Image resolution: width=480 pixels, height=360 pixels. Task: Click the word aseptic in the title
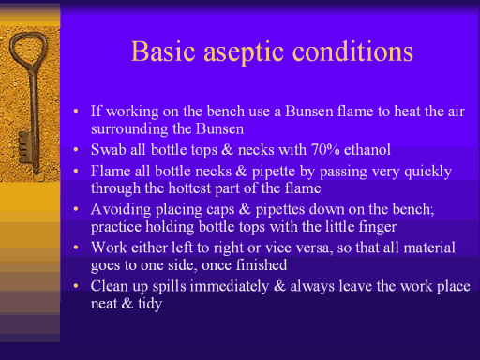pos(244,52)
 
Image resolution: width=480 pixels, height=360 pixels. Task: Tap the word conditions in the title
pos(352,51)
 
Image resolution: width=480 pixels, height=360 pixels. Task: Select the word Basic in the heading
pos(163,51)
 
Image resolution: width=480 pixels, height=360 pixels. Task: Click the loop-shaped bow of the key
pos(28,50)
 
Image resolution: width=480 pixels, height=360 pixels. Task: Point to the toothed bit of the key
pos(24,147)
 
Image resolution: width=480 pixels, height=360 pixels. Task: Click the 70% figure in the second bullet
pos(325,149)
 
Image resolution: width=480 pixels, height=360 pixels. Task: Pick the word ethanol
pos(367,149)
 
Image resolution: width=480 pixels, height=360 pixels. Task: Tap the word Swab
pos(109,149)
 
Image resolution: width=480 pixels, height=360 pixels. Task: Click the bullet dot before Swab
pos(76,150)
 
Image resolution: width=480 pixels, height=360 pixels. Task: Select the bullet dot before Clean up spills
pos(76,286)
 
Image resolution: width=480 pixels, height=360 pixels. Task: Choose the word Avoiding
pos(121,210)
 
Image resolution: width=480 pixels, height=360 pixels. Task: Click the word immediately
pos(230,287)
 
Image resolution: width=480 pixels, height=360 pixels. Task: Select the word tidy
pos(150,304)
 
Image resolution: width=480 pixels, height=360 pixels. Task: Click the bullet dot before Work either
pos(76,247)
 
